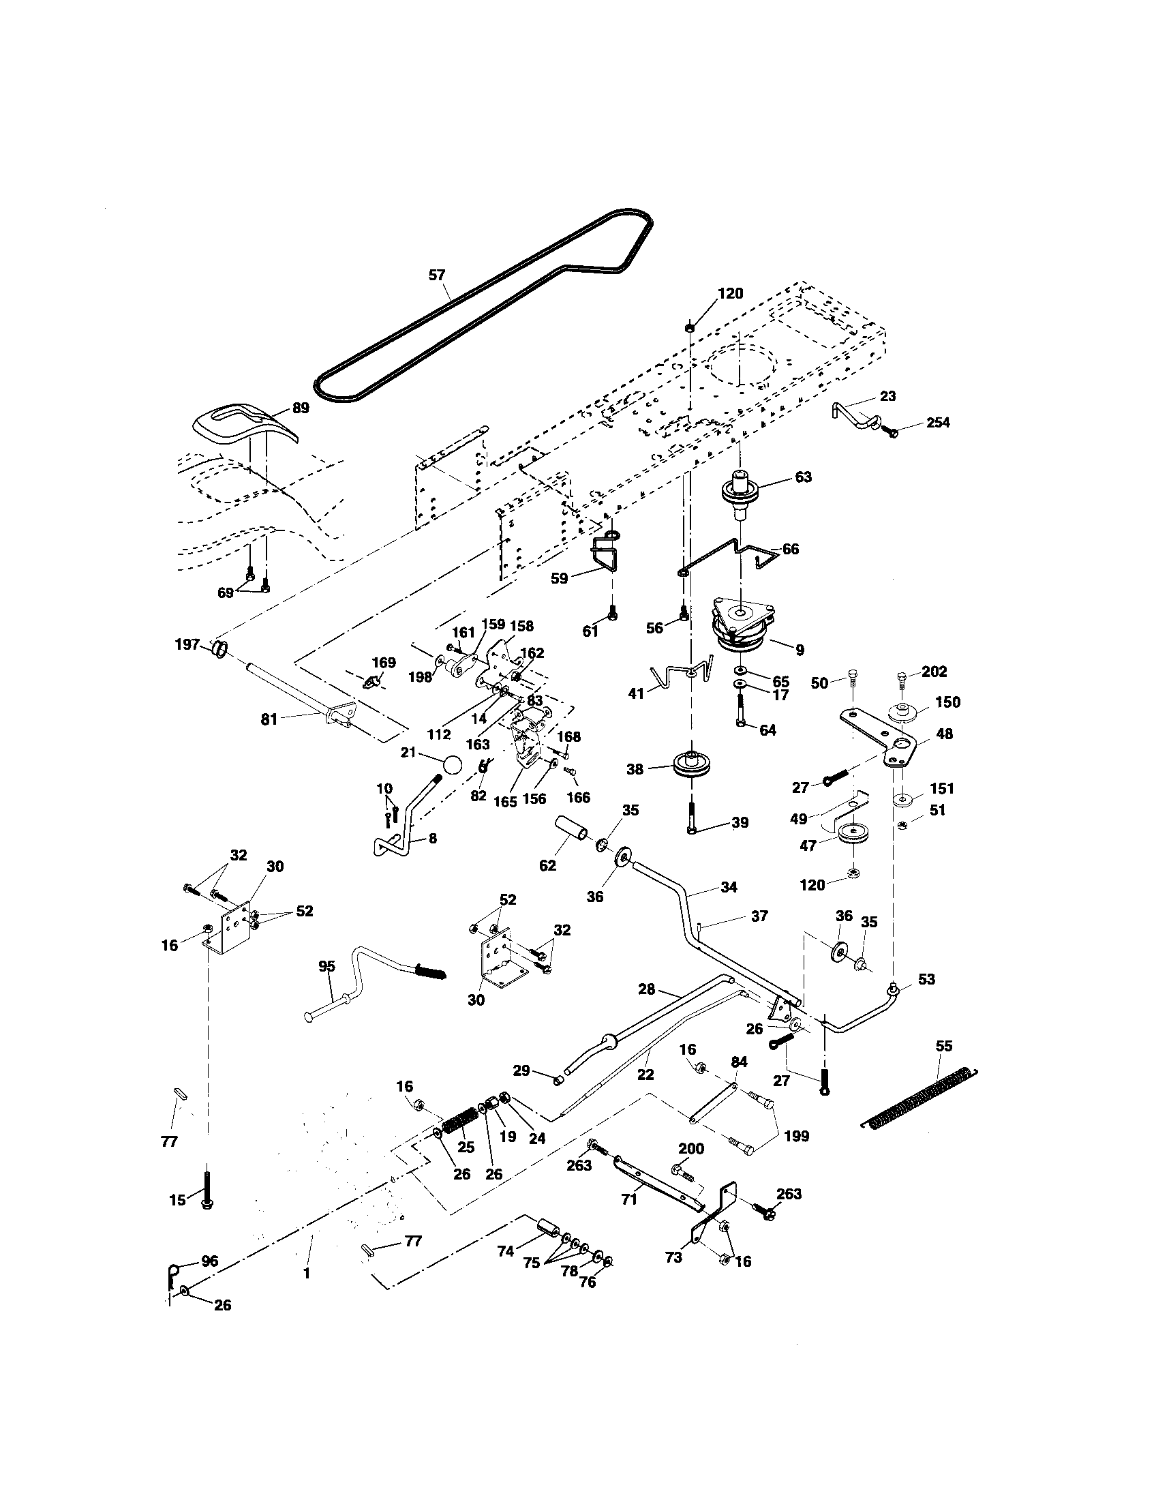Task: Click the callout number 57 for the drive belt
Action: pos(437,275)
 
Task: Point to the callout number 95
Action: pos(326,966)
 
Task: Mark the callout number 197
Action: pos(187,644)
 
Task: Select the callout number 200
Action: pos(690,1149)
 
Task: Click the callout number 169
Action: pos(384,663)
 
